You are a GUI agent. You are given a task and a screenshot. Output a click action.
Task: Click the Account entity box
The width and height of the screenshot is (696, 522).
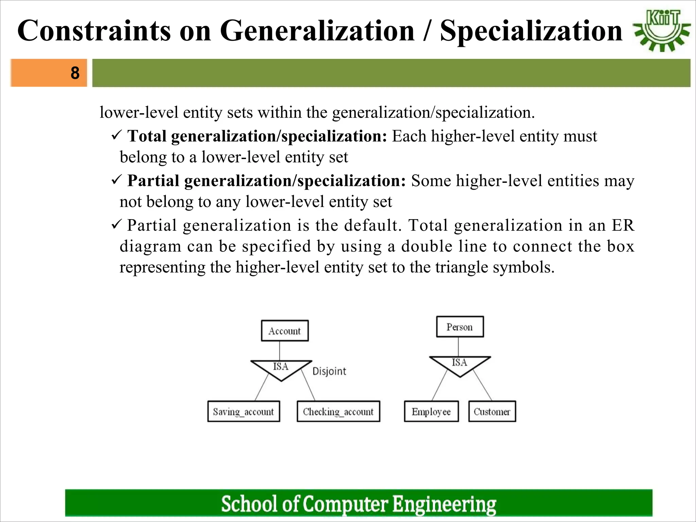click(285, 330)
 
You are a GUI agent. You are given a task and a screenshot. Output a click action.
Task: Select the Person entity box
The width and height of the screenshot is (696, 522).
click(460, 327)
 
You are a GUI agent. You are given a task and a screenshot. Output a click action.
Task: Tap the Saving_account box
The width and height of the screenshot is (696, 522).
click(244, 412)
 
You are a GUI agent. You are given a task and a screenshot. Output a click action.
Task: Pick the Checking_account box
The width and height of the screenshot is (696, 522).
click(338, 412)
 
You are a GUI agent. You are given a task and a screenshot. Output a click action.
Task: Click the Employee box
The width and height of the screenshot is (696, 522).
click(431, 412)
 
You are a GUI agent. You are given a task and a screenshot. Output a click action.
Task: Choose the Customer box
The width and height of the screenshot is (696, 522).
click(492, 412)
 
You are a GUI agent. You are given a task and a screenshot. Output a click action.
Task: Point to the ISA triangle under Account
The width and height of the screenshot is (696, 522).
click(281, 368)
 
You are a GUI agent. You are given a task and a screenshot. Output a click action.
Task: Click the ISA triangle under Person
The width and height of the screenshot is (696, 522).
click(460, 364)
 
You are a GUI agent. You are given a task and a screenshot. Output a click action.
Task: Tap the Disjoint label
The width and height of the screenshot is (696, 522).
click(329, 371)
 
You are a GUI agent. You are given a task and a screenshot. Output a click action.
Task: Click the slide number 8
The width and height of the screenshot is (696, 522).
click(75, 73)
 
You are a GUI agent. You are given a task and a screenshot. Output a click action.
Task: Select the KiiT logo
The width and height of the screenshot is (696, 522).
click(662, 31)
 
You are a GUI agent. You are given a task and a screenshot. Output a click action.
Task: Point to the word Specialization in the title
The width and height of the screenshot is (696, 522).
click(531, 31)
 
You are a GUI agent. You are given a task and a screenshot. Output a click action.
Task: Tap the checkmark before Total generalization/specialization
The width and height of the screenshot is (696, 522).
click(116, 136)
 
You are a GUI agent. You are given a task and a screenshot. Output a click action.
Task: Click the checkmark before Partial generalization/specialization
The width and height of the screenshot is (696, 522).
click(116, 180)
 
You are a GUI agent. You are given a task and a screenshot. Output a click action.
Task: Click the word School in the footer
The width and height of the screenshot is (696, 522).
click(250, 504)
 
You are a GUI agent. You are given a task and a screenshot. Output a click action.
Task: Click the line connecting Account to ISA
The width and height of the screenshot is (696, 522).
click(280, 350)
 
